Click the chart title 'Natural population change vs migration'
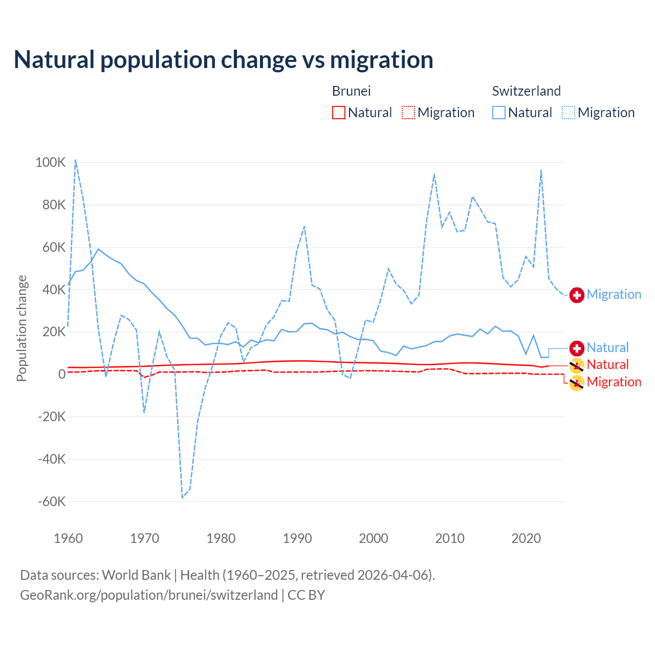pos(223,60)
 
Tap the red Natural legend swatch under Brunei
pos(339,113)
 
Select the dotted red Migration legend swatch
pos(408,113)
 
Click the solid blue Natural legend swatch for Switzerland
pos(499,113)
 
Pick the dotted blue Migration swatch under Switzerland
pos(569,113)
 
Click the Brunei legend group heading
pos(351,91)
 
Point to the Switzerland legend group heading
pos(526,91)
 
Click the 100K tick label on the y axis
pos(51,163)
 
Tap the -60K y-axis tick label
pos(52,501)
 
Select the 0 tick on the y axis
pos(62,375)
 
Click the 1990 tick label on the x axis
pos(297,538)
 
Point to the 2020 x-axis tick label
pos(526,538)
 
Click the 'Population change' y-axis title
pos(21,328)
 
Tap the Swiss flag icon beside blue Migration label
pos(577,295)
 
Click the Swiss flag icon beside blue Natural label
pos(577,348)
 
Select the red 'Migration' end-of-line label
pos(614,382)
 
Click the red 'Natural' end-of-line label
pos(607,364)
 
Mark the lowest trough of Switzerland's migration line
pos(182,497)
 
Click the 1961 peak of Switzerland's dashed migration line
pos(76,160)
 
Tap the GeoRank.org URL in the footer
pos(149,595)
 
